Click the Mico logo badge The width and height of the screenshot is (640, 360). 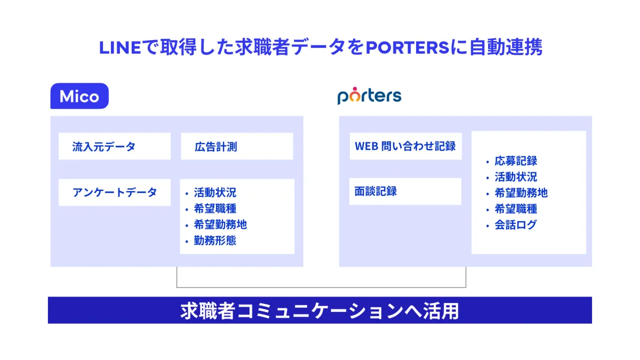click(x=79, y=96)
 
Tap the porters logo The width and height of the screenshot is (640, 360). click(x=370, y=95)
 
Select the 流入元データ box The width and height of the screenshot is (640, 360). click(x=115, y=146)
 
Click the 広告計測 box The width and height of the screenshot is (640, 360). click(x=237, y=146)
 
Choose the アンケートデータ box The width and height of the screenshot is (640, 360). click(x=115, y=193)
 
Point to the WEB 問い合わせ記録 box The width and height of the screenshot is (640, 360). click(x=406, y=146)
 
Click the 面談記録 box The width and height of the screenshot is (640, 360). click(x=405, y=191)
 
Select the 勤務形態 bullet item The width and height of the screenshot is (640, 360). click(x=215, y=241)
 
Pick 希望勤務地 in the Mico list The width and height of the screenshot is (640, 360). click(x=220, y=225)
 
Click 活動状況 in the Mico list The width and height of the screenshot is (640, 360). click(x=215, y=193)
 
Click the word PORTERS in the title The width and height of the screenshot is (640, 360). click(x=407, y=47)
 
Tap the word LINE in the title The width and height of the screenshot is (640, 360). click(x=120, y=47)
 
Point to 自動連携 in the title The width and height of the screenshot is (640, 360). click(x=506, y=47)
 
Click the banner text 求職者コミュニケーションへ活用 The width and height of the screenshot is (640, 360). click(x=319, y=311)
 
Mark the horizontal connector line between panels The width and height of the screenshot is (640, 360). click(x=322, y=287)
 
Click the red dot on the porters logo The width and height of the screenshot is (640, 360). click(x=355, y=89)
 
